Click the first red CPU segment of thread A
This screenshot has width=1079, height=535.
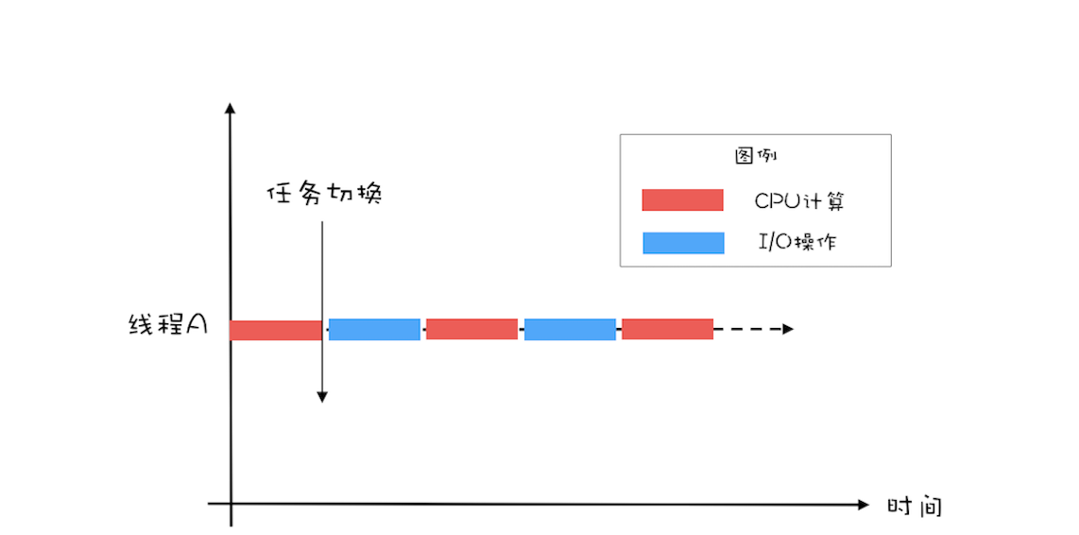pyautogui.click(x=276, y=330)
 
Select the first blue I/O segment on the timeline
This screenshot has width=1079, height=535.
pyautogui.click(x=374, y=329)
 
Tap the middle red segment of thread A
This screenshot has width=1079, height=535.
pyautogui.click(x=471, y=329)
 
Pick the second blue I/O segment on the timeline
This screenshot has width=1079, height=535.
pyautogui.click(x=570, y=329)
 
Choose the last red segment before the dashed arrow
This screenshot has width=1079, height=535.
pyautogui.click(x=667, y=329)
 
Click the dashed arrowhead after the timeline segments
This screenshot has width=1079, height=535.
pyautogui.click(x=788, y=329)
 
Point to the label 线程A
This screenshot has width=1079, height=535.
pyautogui.click(x=167, y=325)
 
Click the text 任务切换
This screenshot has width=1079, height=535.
pyautogui.click(x=324, y=194)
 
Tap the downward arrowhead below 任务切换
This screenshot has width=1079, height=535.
pyautogui.click(x=322, y=396)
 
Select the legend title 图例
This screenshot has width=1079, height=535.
pyautogui.click(x=755, y=156)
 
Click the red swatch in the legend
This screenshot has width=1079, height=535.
pyautogui.click(x=682, y=200)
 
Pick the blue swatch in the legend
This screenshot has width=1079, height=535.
pyautogui.click(x=682, y=243)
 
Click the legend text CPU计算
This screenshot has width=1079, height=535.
pyautogui.click(x=798, y=201)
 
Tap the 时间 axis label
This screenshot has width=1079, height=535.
pyautogui.click(x=914, y=506)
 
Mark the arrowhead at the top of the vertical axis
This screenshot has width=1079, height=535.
pyautogui.click(x=230, y=108)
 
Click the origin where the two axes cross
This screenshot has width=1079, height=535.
pyautogui.click(x=231, y=505)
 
